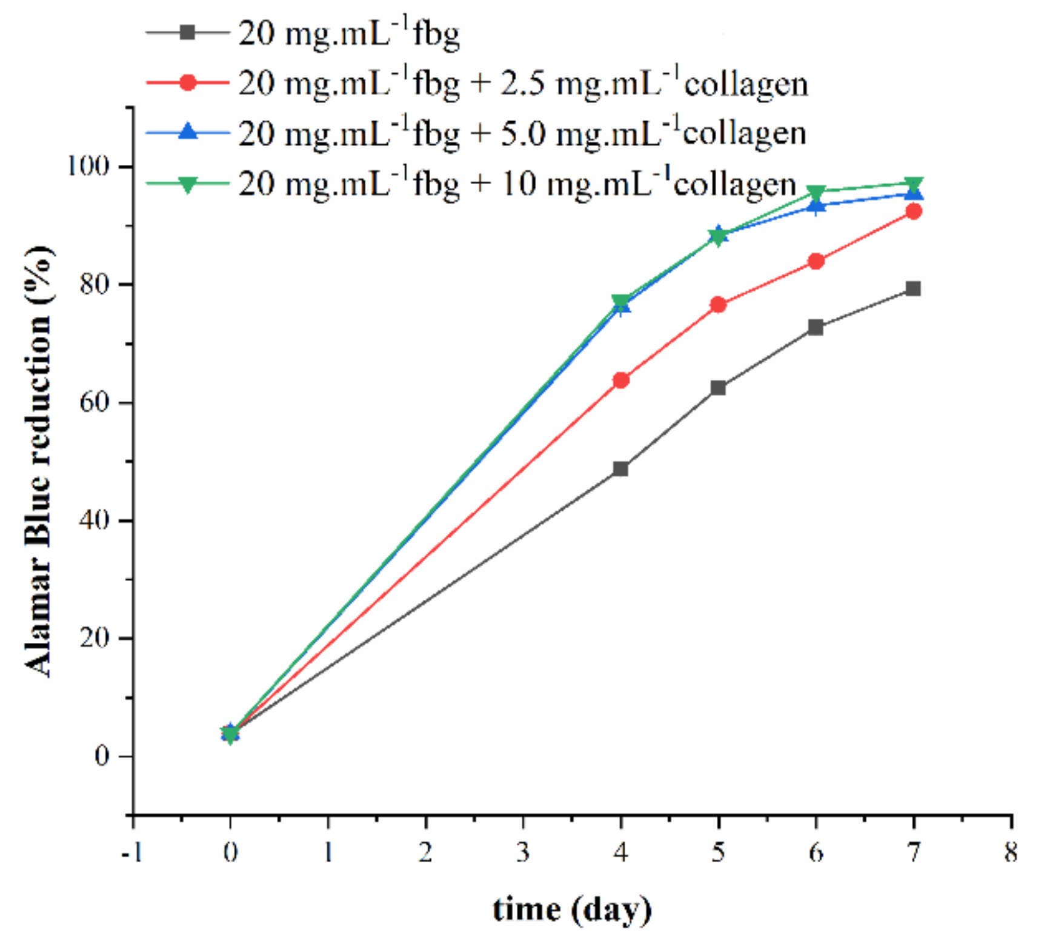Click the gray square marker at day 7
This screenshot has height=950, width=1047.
[913, 288]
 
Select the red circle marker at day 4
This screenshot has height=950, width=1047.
[620, 380]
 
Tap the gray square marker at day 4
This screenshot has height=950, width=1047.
[620, 469]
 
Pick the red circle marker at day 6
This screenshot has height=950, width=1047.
[816, 261]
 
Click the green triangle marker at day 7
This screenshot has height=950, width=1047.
[914, 184]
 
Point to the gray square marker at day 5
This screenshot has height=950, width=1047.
[718, 388]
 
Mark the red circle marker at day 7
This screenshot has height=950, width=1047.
[914, 211]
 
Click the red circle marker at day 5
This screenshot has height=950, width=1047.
[718, 305]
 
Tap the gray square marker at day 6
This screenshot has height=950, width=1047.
[816, 328]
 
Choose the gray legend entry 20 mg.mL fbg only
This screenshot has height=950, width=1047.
[348, 33]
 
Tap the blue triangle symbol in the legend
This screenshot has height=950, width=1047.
[188, 132]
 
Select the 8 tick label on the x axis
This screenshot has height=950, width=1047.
[1011, 853]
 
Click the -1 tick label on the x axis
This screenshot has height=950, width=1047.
[131, 853]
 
